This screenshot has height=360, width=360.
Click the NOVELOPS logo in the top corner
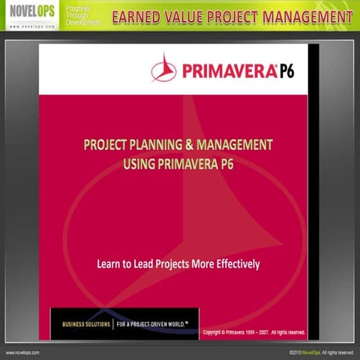pos(30,16)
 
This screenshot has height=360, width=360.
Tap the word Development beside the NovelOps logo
pos(83,23)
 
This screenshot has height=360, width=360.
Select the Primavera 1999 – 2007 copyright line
pos(253,331)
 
